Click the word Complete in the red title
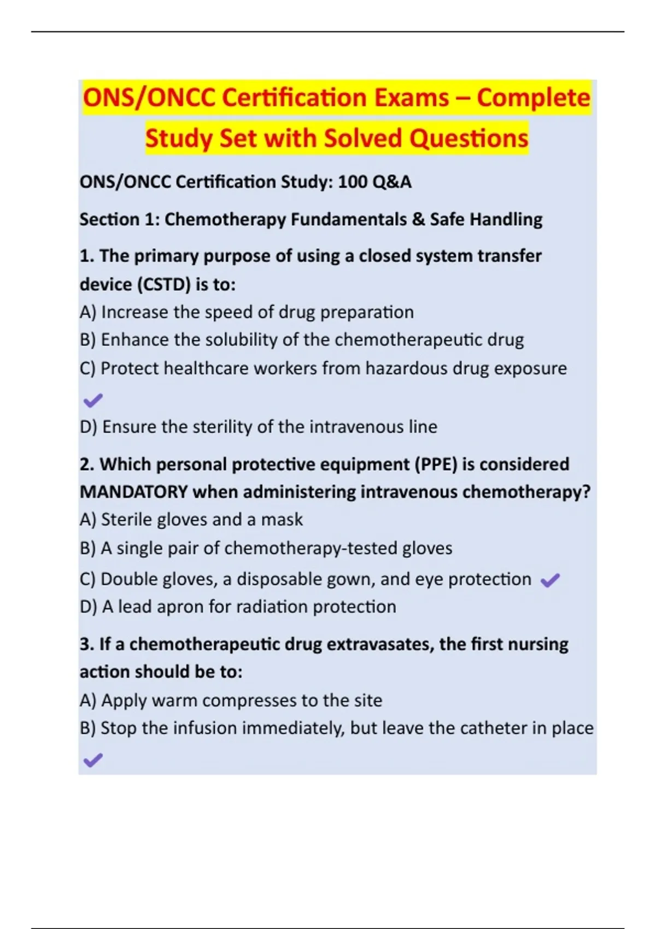[x=533, y=98]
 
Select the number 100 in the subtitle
[x=353, y=181]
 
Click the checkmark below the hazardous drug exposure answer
[x=92, y=401]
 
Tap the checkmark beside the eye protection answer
[x=550, y=580]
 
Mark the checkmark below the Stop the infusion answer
[x=92, y=760]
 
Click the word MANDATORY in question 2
[x=133, y=492]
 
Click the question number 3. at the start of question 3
[x=86, y=644]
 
